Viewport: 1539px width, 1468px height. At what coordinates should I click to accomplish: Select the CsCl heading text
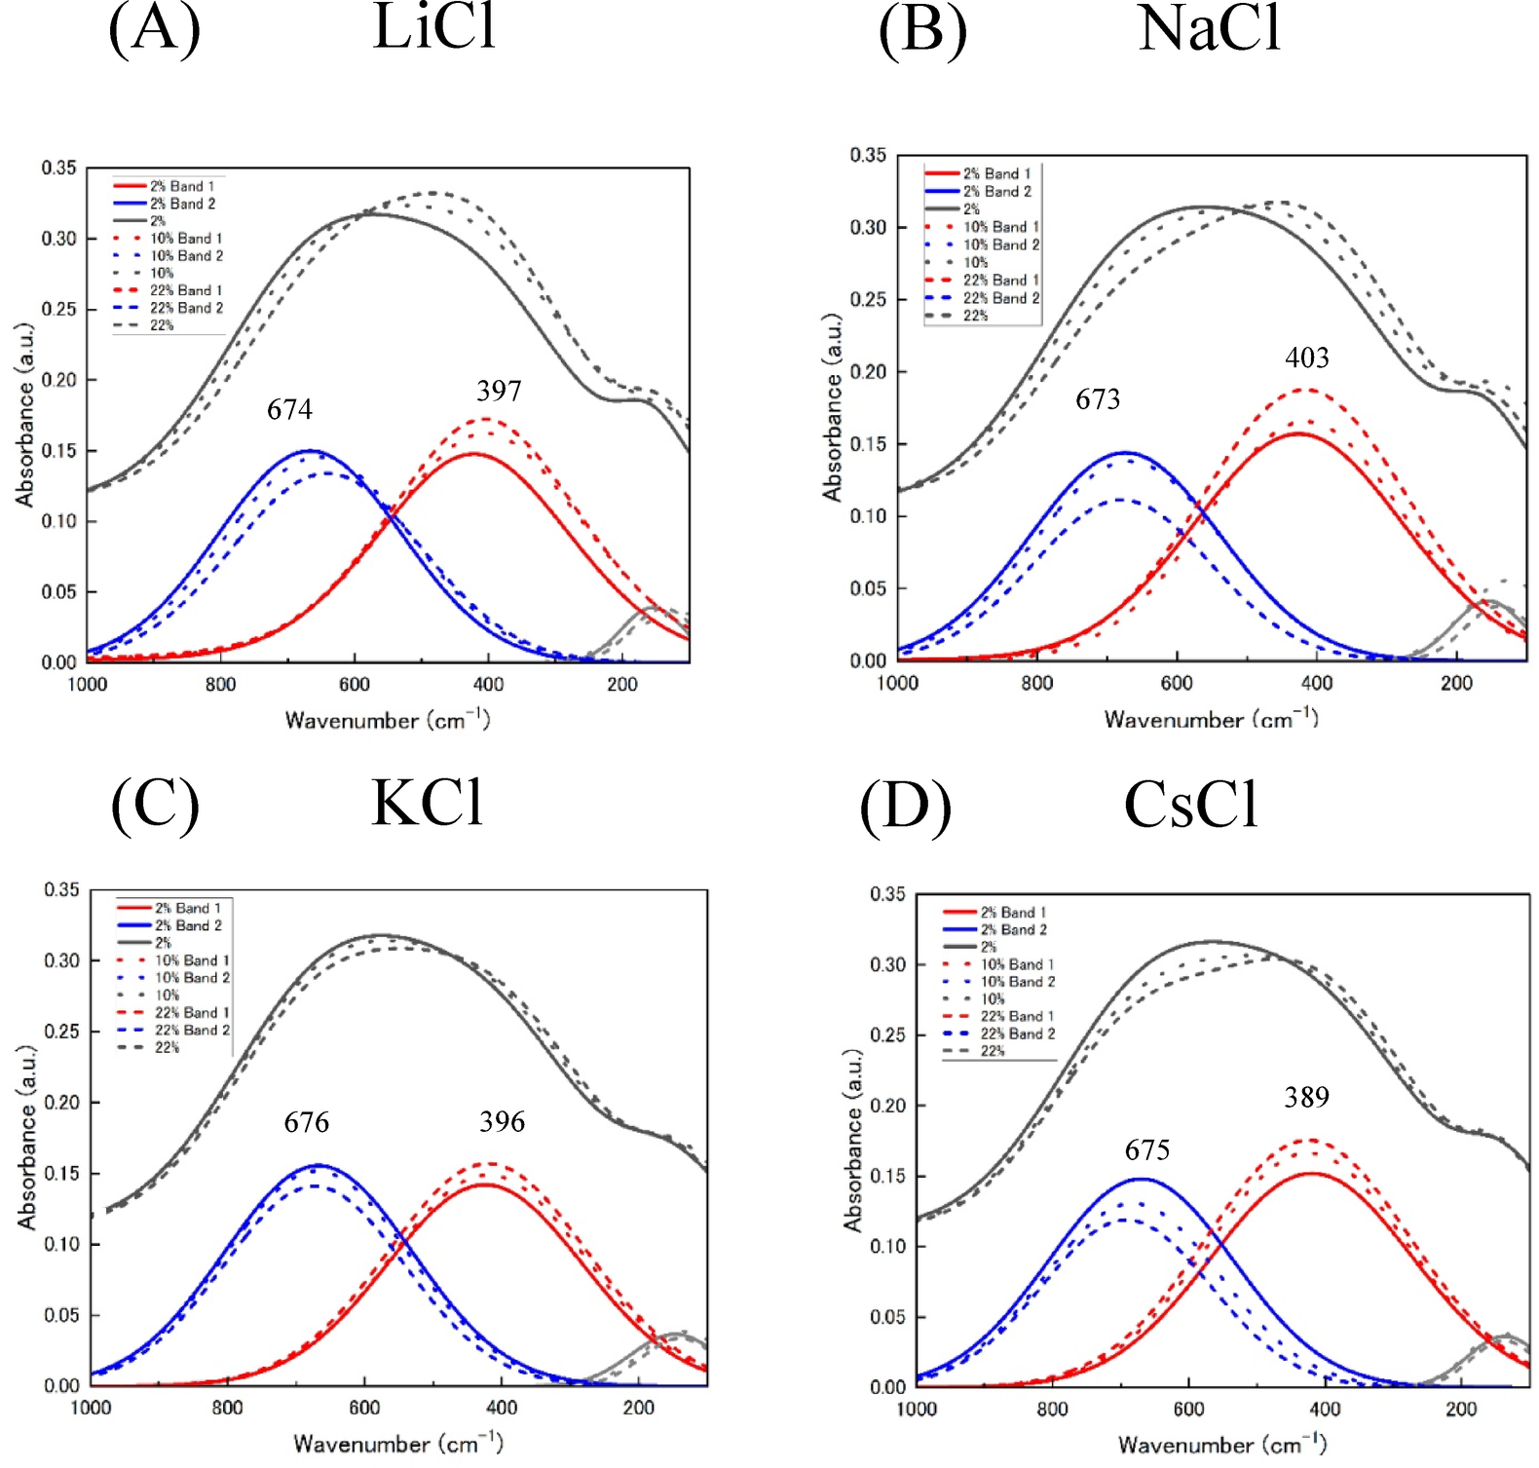[x=1190, y=806]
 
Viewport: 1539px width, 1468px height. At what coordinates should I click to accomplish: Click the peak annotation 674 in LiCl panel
[x=289, y=409]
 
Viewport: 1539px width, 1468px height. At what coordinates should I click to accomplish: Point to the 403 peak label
[x=1306, y=358]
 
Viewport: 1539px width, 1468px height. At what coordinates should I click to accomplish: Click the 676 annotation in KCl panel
[x=306, y=1122]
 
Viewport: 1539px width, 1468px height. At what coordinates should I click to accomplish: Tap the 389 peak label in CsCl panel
[x=1306, y=1098]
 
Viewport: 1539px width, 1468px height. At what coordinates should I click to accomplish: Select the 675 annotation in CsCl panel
[x=1146, y=1150]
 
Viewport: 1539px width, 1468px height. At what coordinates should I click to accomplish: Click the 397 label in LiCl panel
[x=499, y=392]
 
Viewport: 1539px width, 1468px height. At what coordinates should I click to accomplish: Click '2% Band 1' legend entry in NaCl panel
[x=996, y=173]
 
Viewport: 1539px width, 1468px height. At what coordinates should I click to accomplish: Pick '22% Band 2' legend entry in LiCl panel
[x=186, y=308]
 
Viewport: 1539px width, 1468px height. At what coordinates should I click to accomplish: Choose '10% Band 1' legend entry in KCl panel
[x=192, y=960]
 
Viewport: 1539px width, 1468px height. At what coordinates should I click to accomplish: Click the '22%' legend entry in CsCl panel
[x=992, y=1051]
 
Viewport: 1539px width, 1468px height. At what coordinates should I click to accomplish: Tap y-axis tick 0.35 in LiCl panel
[x=58, y=169]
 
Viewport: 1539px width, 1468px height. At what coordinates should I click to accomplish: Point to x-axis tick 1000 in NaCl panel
[x=897, y=683]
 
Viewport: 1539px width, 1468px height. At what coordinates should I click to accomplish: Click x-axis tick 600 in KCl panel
[x=364, y=1408]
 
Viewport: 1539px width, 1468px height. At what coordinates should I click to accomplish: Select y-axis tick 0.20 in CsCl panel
[x=887, y=1106]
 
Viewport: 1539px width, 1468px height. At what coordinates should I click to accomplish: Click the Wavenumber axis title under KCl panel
[x=397, y=1443]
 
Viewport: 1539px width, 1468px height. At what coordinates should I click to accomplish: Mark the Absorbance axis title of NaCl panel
[x=832, y=407]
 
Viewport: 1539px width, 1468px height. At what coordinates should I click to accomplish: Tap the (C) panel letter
[x=155, y=807]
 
